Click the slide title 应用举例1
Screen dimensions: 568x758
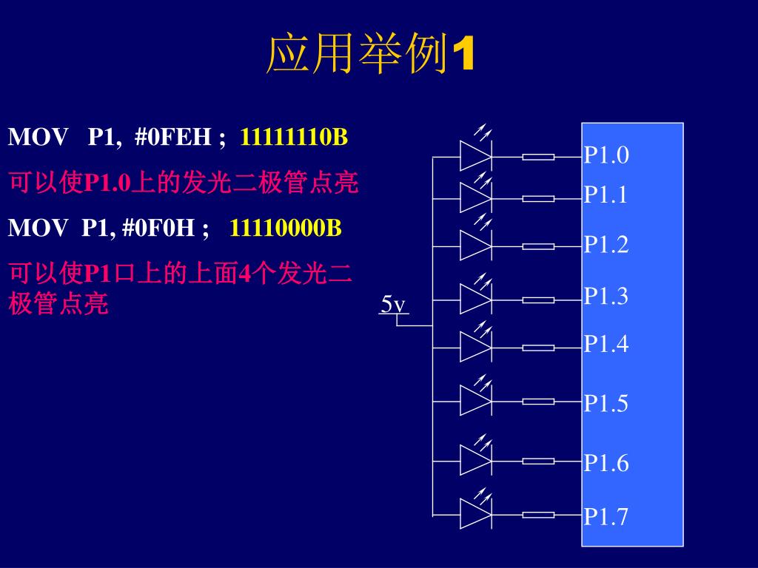pos(369,55)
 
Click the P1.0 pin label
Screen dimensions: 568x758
pos(606,155)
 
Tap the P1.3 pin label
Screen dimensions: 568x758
pos(606,297)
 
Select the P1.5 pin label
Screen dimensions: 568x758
pos(606,403)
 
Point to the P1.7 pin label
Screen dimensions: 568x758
pos(606,516)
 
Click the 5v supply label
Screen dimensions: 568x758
pos(393,304)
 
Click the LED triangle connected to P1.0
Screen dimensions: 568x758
pos(474,157)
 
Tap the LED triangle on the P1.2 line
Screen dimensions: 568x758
pos(474,246)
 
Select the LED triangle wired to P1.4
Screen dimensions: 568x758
pos(474,347)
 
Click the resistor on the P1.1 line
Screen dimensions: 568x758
pos(538,198)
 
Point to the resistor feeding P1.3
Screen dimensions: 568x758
pos(538,300)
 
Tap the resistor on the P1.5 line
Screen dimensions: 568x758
pos(538,402)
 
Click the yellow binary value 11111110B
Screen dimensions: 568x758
pos(295,137)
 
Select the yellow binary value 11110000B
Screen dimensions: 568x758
pos(286,228)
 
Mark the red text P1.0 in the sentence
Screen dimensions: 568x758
pos(108,183)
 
